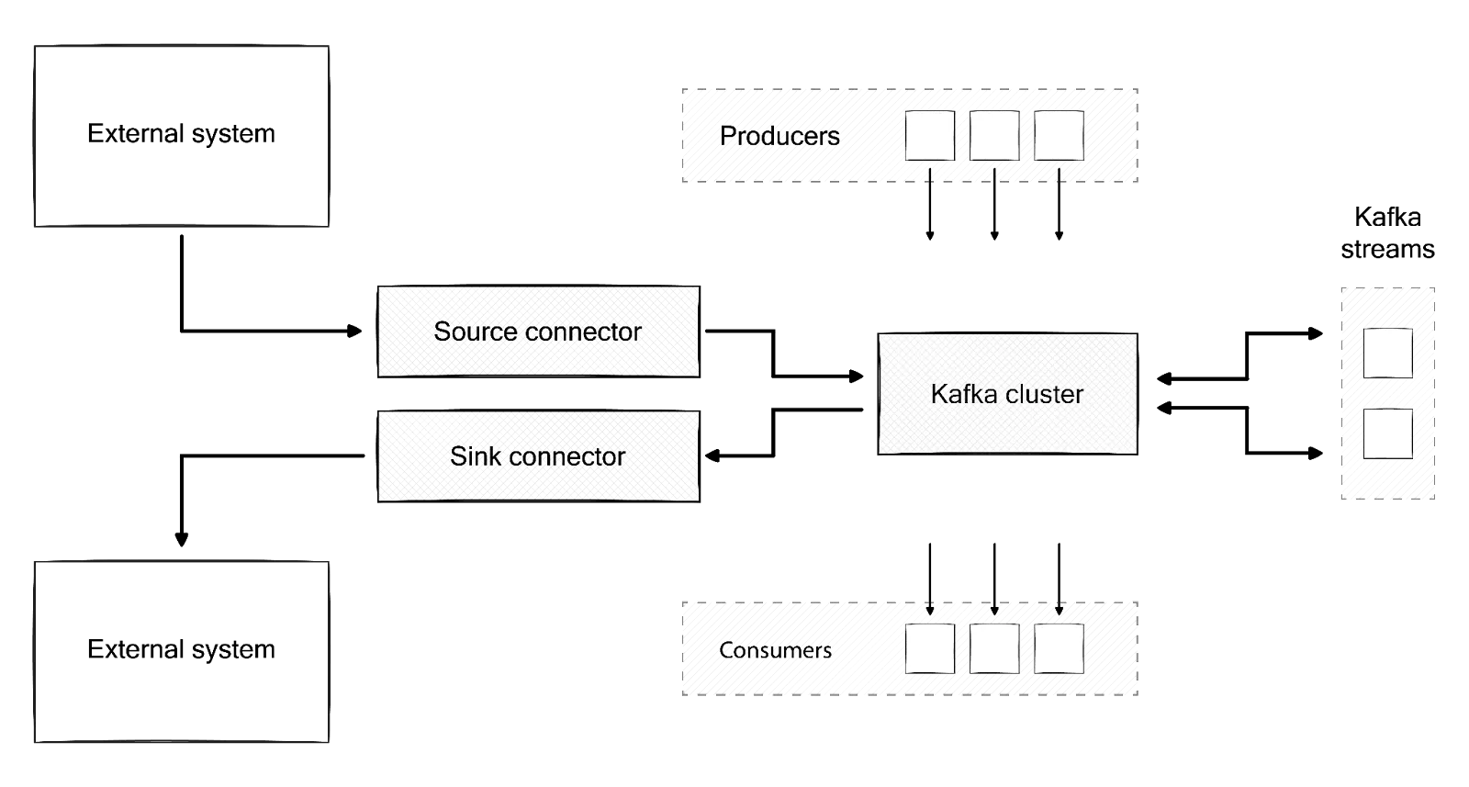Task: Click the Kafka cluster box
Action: (x=1006, y=393)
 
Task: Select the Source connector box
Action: (x=538, y=332)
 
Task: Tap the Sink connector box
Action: (x=538, y=456)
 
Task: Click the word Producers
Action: (x=779, y=136)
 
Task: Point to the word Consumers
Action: (x=775, y=650)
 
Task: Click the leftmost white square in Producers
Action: (x=929, y=136)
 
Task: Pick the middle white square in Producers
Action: (x=994, y=136)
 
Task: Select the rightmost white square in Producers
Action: (x=1059, y=136)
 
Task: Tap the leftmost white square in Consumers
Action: (x=929, y=648)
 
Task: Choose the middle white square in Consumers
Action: (x=994, y=648)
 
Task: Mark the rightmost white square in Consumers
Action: (x=1059, y=648)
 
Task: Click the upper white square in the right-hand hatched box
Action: (x=1387, y=354)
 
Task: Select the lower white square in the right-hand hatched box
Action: (x=1387, y=434)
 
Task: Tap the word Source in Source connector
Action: (x=475, y=332)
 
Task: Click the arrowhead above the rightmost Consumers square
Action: (x=1060, y=609)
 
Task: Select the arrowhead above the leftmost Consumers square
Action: (x=929, y=609)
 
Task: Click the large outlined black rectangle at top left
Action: (x=180, y=135)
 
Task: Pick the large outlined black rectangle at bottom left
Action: (x=180, y=652)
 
